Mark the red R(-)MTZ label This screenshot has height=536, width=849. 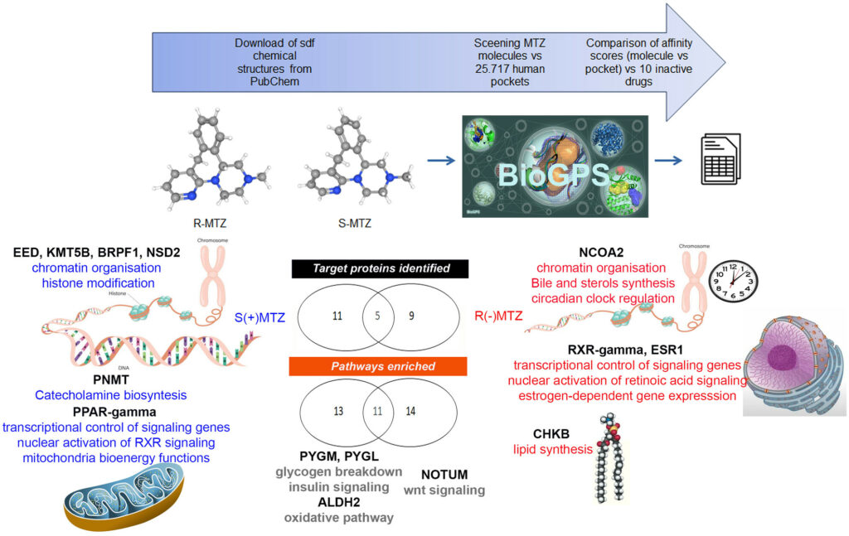(499, 316)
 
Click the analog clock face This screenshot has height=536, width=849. (731, 278)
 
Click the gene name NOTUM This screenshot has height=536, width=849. (444, 475)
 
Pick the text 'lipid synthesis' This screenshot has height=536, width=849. (553, 449)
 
